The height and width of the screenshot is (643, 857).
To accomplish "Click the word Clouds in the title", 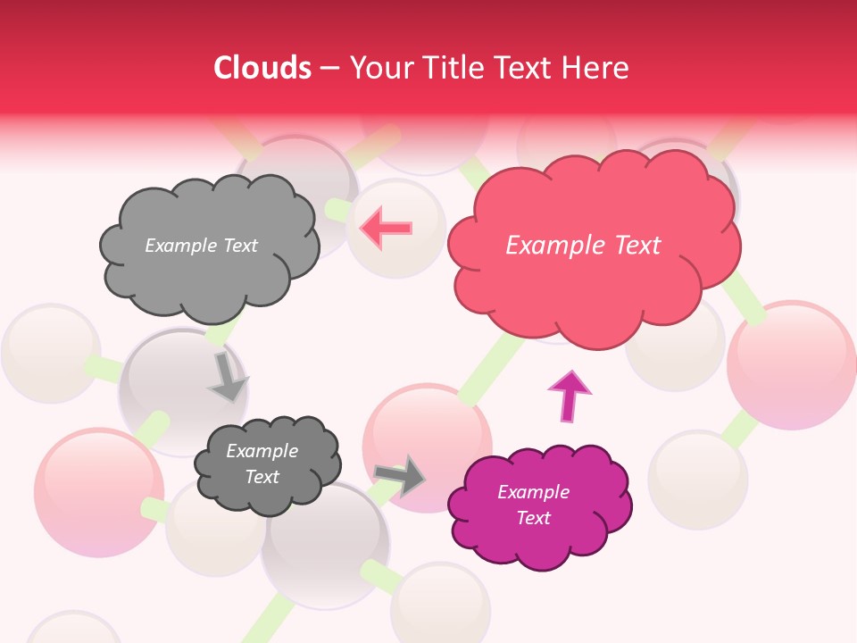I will coord(262,68).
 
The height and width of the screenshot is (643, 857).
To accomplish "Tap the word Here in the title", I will coord(597,68).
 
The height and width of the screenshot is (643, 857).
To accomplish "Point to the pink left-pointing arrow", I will coord(386,227).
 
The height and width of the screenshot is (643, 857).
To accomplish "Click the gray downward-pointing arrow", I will coord(227,377).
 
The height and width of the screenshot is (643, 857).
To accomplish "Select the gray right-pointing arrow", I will coord(401,475).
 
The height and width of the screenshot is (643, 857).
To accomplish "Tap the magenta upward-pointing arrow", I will coord(569,395).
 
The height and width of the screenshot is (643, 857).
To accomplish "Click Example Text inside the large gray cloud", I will coord(201,246).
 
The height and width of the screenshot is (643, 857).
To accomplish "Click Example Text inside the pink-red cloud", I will coord(583,246).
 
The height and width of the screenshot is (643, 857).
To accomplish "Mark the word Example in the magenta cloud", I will coord(533,492).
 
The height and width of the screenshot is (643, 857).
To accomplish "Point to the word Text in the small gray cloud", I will coord(262,477).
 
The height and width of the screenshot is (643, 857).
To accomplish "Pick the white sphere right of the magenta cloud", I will coord(698,480).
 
